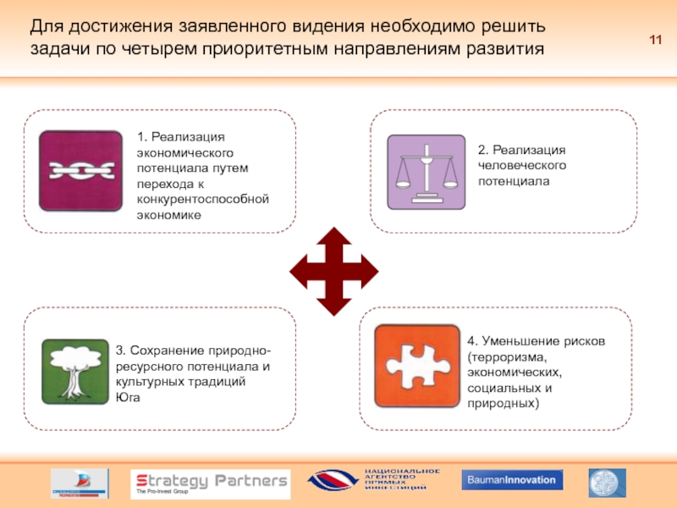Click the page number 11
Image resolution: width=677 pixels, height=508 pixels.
(655, 41)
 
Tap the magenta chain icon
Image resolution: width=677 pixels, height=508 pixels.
(80, 171)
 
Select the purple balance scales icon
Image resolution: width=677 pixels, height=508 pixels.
(426, 172)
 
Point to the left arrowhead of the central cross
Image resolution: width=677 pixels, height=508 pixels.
(299, 272)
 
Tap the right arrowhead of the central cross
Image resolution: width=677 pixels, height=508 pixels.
(367, 272)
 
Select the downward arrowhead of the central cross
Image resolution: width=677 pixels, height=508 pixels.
(333, 306)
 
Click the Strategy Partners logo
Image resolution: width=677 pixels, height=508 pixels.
(209, 483)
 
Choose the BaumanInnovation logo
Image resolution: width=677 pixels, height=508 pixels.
(511, 481)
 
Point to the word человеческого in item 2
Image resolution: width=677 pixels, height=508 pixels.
(521, 165)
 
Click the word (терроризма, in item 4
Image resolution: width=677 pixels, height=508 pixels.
(502, 357)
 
